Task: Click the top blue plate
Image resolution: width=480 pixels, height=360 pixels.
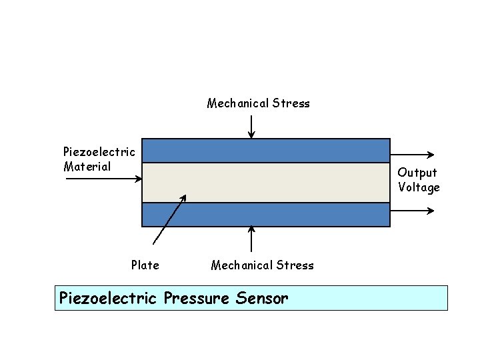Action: (266, 151)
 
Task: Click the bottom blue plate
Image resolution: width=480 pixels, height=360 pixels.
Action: (266, 215)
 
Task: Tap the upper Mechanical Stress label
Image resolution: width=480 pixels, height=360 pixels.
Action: (258, 103)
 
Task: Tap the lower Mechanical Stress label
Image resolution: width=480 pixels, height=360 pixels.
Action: (262, 265)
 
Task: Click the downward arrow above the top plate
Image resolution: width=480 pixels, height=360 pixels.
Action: (251, 126)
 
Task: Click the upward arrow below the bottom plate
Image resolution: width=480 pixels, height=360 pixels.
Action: (251, 239)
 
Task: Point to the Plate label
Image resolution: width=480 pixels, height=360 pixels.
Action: (145, 265)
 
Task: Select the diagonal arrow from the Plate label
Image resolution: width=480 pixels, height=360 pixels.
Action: (170, 220)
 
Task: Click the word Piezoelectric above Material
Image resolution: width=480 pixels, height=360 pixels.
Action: (99, 152)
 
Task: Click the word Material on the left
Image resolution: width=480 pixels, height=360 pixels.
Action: (87, 167)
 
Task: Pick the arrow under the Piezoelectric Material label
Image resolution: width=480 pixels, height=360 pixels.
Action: (103, 178)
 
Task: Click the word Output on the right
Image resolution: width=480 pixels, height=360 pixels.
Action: (417, 173)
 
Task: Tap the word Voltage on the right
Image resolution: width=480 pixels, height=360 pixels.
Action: (419, 187)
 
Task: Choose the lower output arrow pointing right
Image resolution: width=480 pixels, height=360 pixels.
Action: (412, 211)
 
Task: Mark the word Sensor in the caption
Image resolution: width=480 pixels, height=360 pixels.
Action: (262, 298)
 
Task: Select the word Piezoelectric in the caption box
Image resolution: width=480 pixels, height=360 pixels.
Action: (107, 298)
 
